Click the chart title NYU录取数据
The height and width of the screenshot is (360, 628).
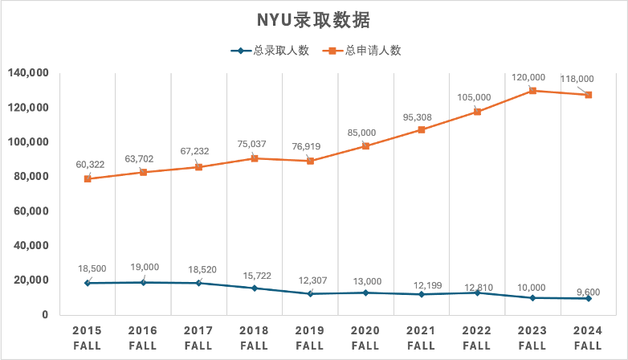(x=313, y=19)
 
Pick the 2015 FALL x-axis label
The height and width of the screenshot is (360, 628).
(x=87, y=337)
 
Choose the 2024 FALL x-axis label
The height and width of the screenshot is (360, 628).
(x=589, y=337)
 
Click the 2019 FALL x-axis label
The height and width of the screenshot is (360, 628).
(x=310, y=337)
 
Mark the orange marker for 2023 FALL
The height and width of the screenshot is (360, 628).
(x=532, y=91)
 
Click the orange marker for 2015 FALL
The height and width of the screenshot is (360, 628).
(x=87, y=178)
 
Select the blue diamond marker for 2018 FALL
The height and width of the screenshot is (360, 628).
(x=254, y=288)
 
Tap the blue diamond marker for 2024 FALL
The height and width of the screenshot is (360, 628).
(x=589, y=298)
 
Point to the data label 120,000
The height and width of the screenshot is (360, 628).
(x=528, y=77)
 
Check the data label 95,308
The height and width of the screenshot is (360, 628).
(x=417, y=117)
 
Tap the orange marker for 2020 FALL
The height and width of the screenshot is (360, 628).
(x=365, y=145)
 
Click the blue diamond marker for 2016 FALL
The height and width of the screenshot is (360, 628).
(x=143, y=282)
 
